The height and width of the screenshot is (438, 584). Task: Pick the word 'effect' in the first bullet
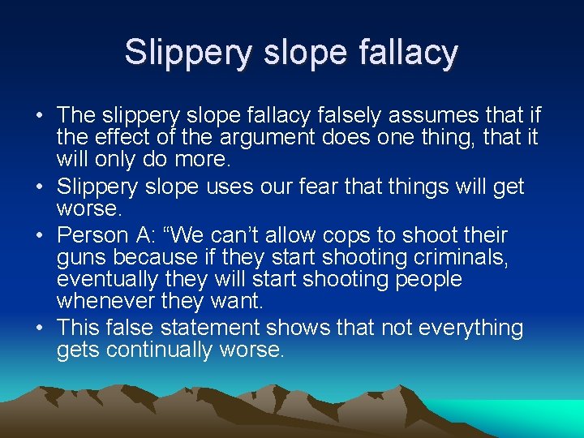pos(117,138)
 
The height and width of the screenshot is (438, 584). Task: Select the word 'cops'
pos(351,236)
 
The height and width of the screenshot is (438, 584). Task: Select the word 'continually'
pos(162,350)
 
